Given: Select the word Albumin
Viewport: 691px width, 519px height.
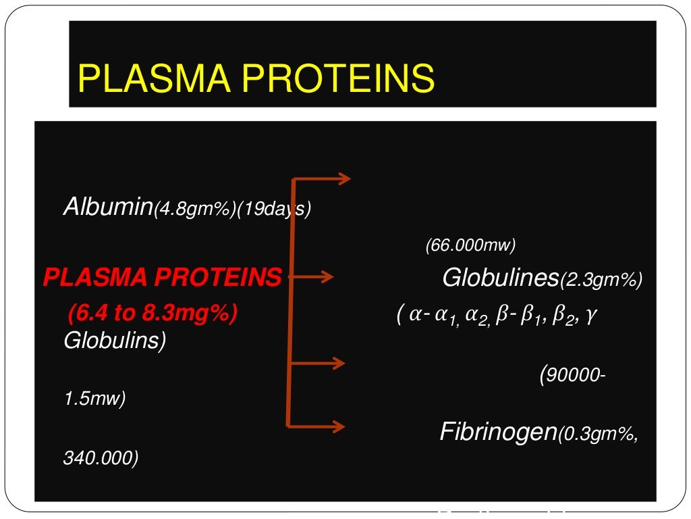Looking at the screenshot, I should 108,207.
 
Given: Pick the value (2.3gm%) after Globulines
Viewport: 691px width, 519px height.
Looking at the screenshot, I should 601,280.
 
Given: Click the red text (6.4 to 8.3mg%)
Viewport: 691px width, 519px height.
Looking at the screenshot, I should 153,314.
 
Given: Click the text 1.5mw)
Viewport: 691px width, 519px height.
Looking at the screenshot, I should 94,399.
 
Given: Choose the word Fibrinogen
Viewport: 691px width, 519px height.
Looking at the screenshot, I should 498,431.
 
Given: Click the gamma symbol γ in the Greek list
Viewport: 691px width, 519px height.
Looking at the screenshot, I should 591,316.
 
